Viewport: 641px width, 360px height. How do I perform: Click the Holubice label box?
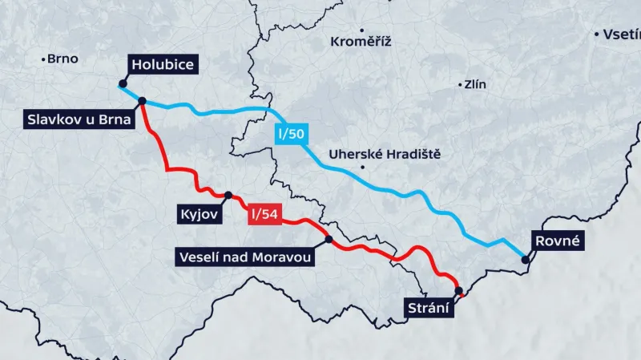(163, 65)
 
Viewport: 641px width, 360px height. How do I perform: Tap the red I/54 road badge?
(265, 214)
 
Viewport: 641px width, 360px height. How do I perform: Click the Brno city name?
(62, 59)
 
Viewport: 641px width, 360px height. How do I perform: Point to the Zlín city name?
(475, 84)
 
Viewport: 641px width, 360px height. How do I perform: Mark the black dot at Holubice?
(122, 83)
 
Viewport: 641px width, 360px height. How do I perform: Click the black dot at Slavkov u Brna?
(142, 101)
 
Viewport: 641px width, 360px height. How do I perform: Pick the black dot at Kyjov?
(228, 195)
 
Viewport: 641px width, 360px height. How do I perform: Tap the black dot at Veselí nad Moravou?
(329, 239)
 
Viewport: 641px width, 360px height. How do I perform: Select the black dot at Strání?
(458, 291)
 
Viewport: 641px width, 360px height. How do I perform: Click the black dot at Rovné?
(525, 259)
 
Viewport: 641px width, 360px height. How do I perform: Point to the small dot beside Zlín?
(460, 84)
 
